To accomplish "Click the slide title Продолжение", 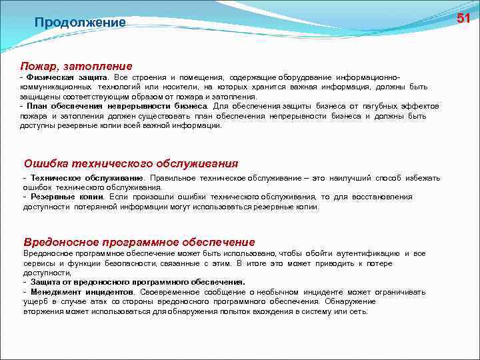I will point(80,23).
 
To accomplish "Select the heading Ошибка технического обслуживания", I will point(131,163).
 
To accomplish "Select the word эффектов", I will point(425,105).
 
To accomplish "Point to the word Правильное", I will point(173,178).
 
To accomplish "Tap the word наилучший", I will point(353,178).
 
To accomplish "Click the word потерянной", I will point(93,207).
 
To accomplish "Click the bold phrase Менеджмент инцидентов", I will point(79,292).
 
